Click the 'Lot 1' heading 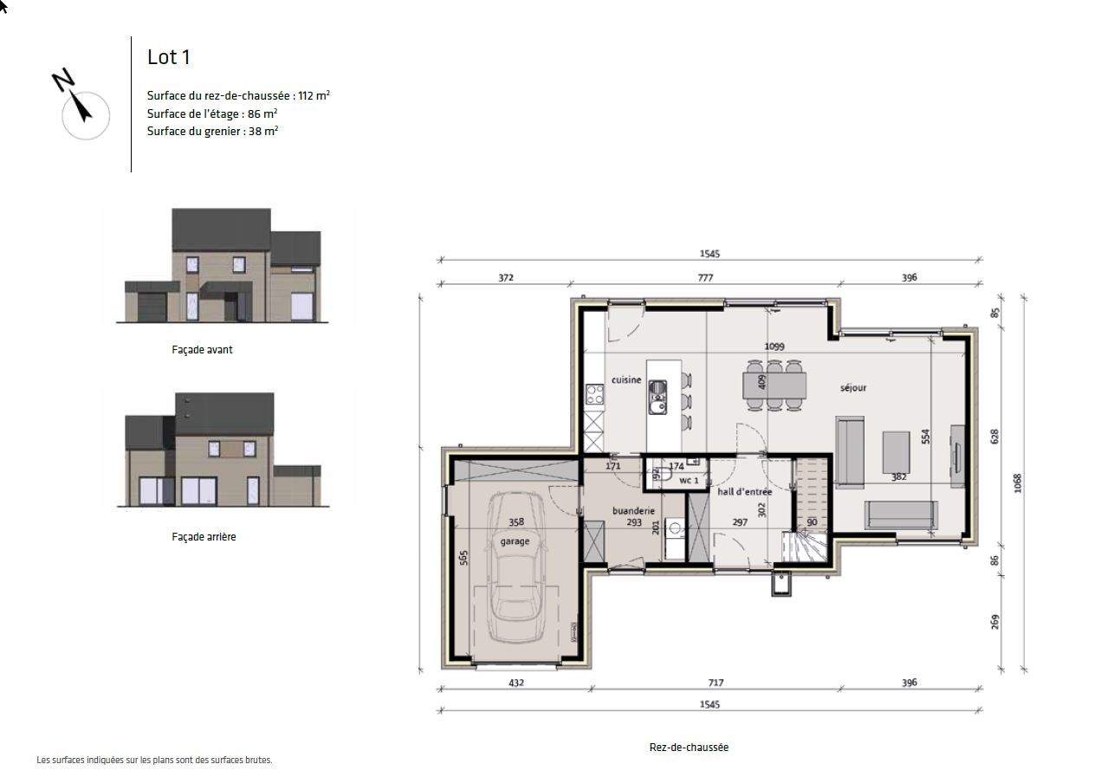point(168,57)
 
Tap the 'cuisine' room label point(626,380)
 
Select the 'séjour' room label point(852,388)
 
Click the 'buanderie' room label point(633,511)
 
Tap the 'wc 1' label point(689,480)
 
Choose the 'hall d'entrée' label point(744,492)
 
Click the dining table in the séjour point(774,385)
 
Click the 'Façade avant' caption point(202,350)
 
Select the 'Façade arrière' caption point(204,537)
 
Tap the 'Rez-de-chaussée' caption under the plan point(689,748)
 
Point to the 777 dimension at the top point(706,278)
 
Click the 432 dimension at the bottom point(515,683)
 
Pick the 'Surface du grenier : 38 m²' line point(212,132)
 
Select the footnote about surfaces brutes point(154,761)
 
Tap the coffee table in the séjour point(896,451)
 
